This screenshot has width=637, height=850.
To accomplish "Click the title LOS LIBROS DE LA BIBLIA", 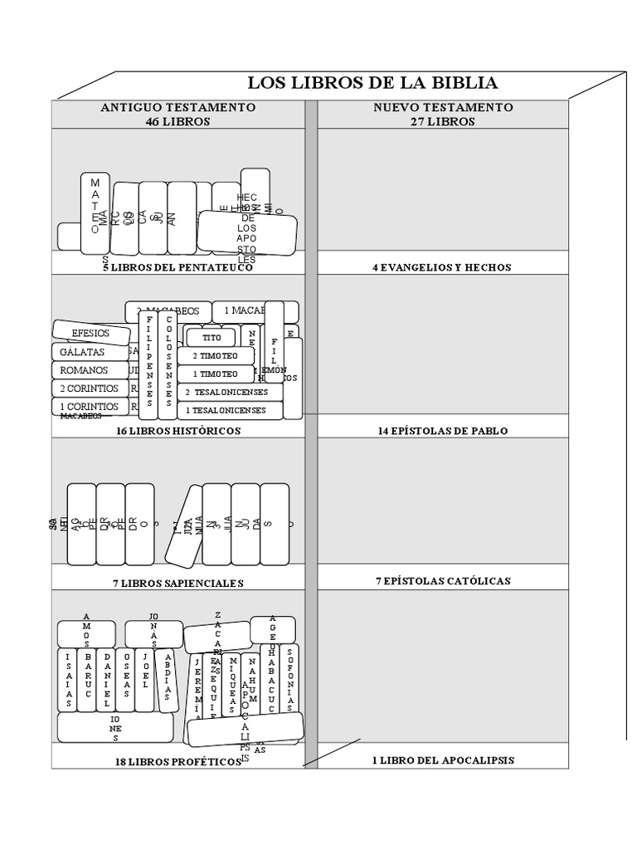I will [372, 83].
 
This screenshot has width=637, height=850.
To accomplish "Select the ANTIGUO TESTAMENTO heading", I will [177, 108].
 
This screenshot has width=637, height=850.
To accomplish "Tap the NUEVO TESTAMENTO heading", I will [443, 108].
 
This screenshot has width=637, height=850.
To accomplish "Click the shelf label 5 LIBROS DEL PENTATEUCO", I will [177, 267].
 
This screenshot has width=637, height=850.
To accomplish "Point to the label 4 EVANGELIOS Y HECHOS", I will [442, 267].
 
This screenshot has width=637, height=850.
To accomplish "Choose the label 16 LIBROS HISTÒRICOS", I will [178, 431].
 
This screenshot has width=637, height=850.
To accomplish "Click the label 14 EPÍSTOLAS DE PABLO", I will [442, 431].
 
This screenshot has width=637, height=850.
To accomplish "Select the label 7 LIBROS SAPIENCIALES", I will [178, 583].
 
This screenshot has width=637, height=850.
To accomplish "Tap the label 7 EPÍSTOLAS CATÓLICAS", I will [442, 581].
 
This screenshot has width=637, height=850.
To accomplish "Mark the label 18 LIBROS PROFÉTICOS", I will [178, 761].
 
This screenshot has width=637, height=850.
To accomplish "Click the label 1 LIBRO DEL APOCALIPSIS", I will [442, 760].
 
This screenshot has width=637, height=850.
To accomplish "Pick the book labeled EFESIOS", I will [91, 334].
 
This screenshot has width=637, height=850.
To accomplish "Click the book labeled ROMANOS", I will [84, 370].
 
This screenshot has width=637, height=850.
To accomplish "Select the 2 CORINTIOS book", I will [89, 388].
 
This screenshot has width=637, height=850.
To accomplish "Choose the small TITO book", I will [212, 338].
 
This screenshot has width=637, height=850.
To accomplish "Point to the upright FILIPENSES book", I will [148, 365].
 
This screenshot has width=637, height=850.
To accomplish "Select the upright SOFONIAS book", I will [289, 678].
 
